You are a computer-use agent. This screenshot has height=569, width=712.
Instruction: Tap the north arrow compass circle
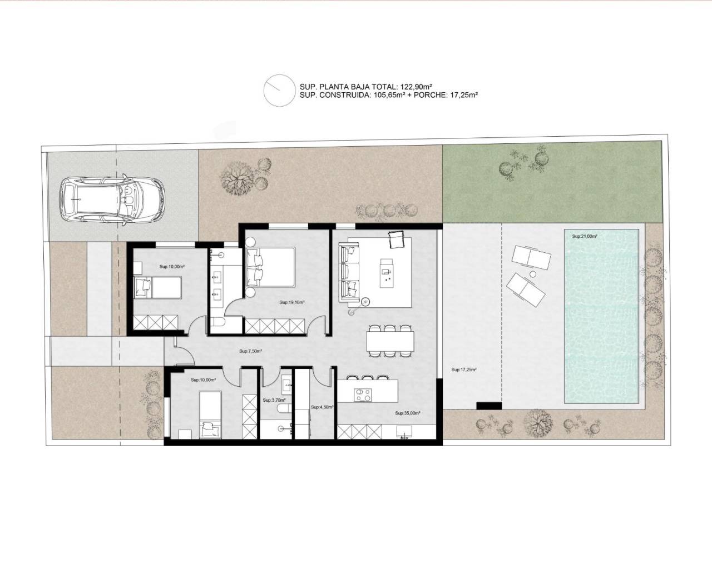278,91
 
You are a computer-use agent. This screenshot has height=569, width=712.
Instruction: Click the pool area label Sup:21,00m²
585,236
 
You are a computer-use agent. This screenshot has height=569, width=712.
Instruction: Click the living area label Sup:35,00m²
407,413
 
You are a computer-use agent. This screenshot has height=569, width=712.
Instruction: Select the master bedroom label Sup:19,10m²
292,303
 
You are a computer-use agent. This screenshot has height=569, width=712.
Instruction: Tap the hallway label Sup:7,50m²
250,351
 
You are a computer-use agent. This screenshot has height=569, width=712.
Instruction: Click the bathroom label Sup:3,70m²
274,400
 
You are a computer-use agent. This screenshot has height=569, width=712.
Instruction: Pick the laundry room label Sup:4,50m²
322,407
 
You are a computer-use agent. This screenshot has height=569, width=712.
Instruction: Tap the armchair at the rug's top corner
395,239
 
